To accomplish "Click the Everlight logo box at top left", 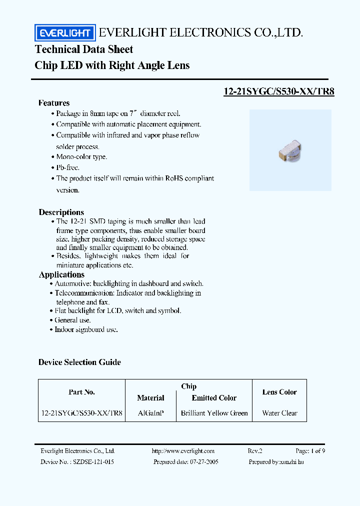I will point(64,33).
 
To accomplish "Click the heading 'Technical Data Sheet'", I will point(84,49).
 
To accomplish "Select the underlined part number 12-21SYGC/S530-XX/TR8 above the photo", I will point(278,91).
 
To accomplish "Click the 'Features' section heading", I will point(54,103).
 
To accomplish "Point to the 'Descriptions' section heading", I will point(61,212).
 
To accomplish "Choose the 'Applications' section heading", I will point(61,274).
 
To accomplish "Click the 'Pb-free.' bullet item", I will point(67,167).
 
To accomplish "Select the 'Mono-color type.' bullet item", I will point(81,157).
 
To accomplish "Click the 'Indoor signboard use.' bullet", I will point(86,330).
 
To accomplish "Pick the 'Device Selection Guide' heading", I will point(79,362).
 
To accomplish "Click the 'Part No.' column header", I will point(81,392).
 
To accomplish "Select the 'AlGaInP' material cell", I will point(150,413).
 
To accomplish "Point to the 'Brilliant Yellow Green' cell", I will point(214,413).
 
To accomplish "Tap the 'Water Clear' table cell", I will point(279,413).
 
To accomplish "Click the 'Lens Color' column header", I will point(279,392).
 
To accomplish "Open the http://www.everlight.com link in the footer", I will point(183,451).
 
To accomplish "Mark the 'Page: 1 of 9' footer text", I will point(310,451).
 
